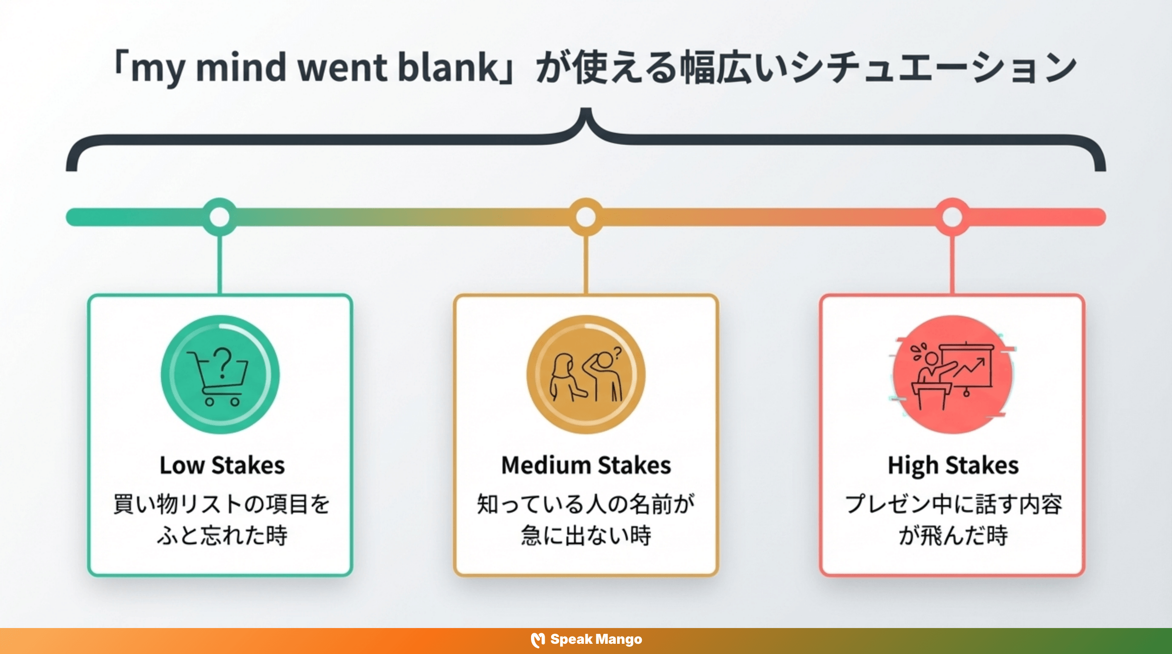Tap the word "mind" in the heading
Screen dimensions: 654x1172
(241, 67)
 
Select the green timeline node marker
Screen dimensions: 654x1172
(220, 217)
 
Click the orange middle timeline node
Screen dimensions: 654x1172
(586, 217)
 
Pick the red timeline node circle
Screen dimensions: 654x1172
(952, 217)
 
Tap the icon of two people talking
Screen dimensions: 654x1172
(586, 375)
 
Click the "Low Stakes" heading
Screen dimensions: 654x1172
(222, 465)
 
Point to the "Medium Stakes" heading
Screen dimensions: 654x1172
(586, 465)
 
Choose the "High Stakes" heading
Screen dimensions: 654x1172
(953, 465)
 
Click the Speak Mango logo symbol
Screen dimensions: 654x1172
(538, 640)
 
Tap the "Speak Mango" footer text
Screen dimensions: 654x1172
(596, 640)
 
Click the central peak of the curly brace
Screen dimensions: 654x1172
(586, 114)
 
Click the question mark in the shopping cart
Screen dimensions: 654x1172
(223, 363)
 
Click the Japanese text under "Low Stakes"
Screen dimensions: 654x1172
(221, 519)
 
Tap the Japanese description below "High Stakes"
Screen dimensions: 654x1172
(953, 519)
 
